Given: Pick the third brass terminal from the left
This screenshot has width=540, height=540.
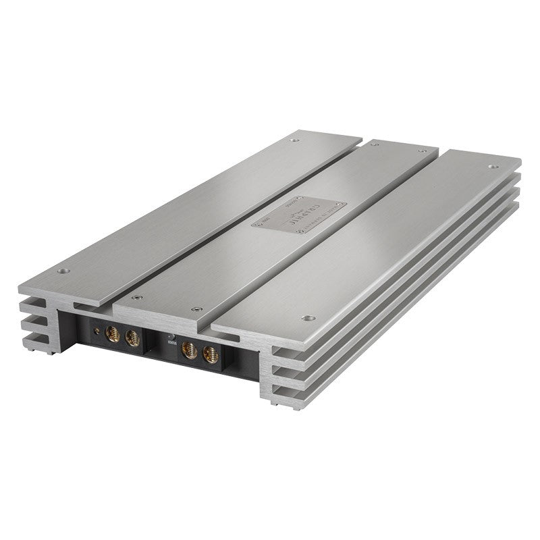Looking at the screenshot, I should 190,348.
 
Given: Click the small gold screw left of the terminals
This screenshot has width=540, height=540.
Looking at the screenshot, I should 99,330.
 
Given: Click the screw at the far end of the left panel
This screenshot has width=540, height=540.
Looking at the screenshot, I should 294,140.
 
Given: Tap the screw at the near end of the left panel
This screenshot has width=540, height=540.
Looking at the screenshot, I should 64,271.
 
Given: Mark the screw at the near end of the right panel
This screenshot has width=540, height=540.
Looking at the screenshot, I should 308,317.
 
